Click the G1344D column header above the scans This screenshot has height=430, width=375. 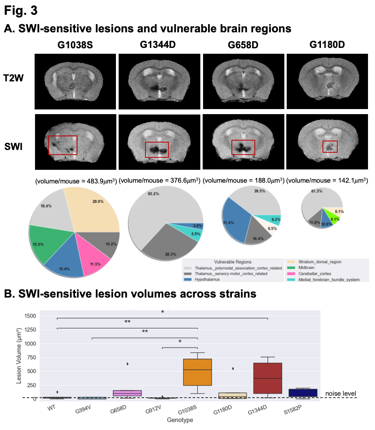click(x=158, y=45)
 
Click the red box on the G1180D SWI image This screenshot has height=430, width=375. click(x=330, y=146)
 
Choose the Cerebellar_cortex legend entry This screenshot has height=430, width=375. click(x=311, y=274)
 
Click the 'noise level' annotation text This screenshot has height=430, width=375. click(x=341, y=394)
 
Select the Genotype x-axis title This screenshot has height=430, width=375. click(x=180, y=420)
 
